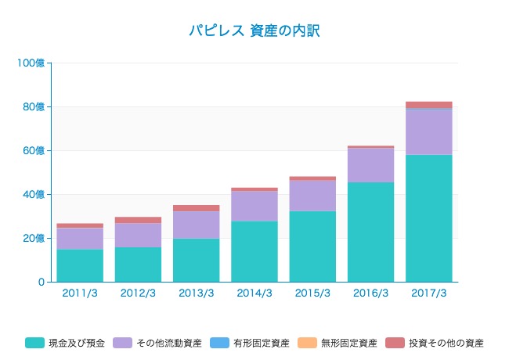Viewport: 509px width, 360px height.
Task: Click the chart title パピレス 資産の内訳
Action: [x=254, y=31]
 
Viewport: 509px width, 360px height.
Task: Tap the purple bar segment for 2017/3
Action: [x=429, y=132]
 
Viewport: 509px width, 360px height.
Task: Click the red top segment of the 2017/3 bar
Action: [x=429, y=105]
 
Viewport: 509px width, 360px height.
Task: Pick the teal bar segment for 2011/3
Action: [x=80, y=265]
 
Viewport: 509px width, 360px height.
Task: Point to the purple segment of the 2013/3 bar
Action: [x=196, y=225]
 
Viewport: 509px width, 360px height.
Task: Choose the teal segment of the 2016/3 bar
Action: [x=370, y=232]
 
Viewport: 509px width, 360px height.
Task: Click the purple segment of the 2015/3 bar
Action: [x=312, y=196]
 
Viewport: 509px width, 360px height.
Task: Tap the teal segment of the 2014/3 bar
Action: [x=254, y=251]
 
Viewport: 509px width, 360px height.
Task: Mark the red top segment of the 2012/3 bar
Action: [x=138, y=220]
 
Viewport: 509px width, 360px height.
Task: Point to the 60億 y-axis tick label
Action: [x=34, y=150]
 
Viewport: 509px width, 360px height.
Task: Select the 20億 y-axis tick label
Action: [x=34, y=238]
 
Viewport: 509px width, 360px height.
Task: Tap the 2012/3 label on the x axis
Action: [x=138, y=293]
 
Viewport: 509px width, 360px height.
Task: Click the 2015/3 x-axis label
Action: [x=312, y=293]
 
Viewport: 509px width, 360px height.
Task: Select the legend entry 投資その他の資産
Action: [x=443, y=343]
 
